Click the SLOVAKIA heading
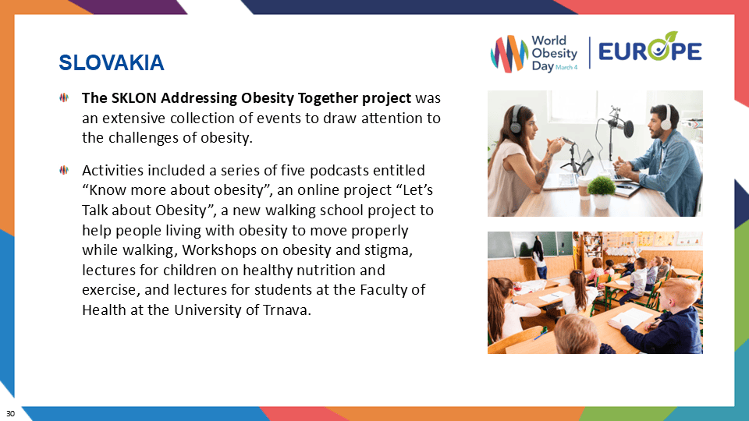click(x=112, y=62)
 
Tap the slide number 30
click(x=11, y=412)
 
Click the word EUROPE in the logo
click(x=650, y=51)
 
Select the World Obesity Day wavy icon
click(x=508, y=54)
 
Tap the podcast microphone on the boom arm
click(x=616, y=123)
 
